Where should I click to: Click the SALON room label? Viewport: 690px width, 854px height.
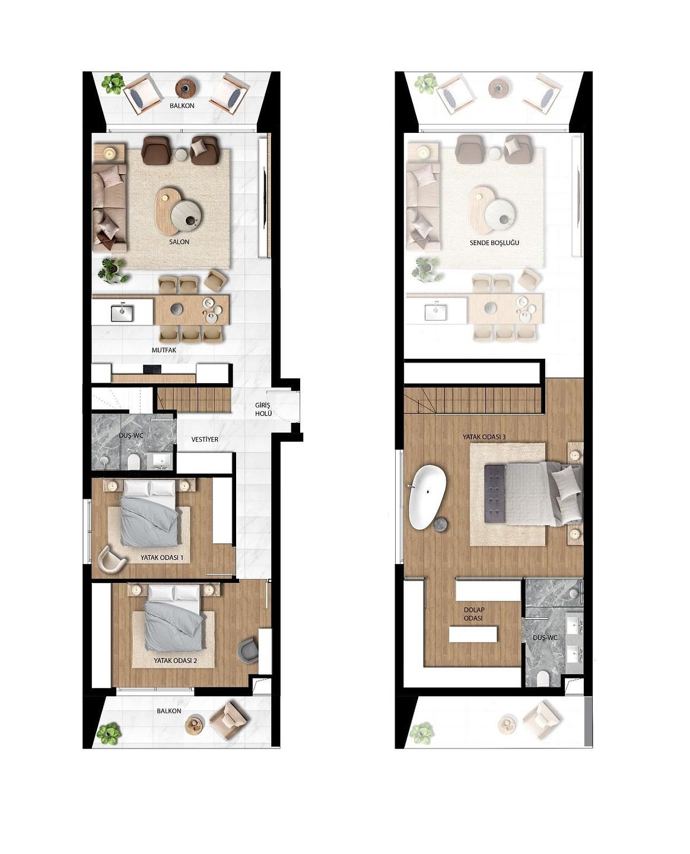click(x=179, y=242)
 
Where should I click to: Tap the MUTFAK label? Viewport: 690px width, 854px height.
click(x=164, y=350)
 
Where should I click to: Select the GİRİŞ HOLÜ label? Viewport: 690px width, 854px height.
click(x=263, y=409)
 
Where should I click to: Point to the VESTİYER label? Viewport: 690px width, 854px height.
click(x=205, y=439)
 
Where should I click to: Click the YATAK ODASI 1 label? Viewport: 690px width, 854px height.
click(x=162, y=558)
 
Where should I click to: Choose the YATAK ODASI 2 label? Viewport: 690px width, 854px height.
click(x=175, y=661)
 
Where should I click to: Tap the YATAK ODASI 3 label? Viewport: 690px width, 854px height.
click(x=484, y=437)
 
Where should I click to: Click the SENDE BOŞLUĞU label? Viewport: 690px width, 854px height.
click(x=494, y=243)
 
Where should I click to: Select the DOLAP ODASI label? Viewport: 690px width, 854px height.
click(x=474, y=614)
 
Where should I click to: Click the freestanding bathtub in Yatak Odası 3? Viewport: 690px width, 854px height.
click(x=427, y=497)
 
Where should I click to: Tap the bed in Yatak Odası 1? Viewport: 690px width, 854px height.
click(x=150, y=513)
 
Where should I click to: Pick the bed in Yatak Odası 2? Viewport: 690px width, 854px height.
click(x=174, y=617)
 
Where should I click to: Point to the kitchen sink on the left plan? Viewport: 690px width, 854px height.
click(x=122, y=312)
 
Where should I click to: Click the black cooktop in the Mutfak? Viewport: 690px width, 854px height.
click(x=152, y=369)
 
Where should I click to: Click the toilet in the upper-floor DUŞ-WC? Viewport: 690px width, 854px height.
click(x=543, y=677)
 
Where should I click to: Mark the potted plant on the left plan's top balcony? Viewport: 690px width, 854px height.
click(x=112, y=84)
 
